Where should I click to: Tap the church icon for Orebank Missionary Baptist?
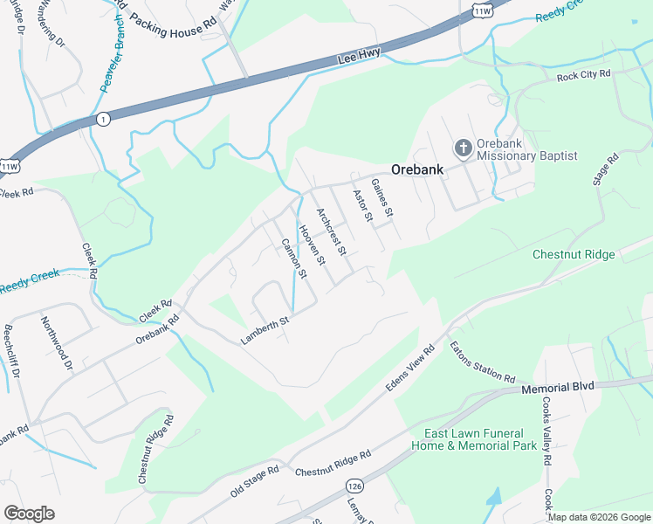[x=463, y=147]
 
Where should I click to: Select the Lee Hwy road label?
[x=359, y=59]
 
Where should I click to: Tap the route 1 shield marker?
[x=103, y=120]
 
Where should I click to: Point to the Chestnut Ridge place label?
[x=574, y=255]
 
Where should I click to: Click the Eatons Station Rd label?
[x=483, y=362]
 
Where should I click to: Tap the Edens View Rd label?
[x=410, y=370]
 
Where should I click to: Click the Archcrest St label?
[x=332, y=231]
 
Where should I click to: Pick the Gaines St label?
[x=382, y=198]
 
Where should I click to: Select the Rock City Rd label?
[x=583, y=76]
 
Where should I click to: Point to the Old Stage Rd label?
[x=255, y=481]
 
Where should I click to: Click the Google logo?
[x=30, y=513]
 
